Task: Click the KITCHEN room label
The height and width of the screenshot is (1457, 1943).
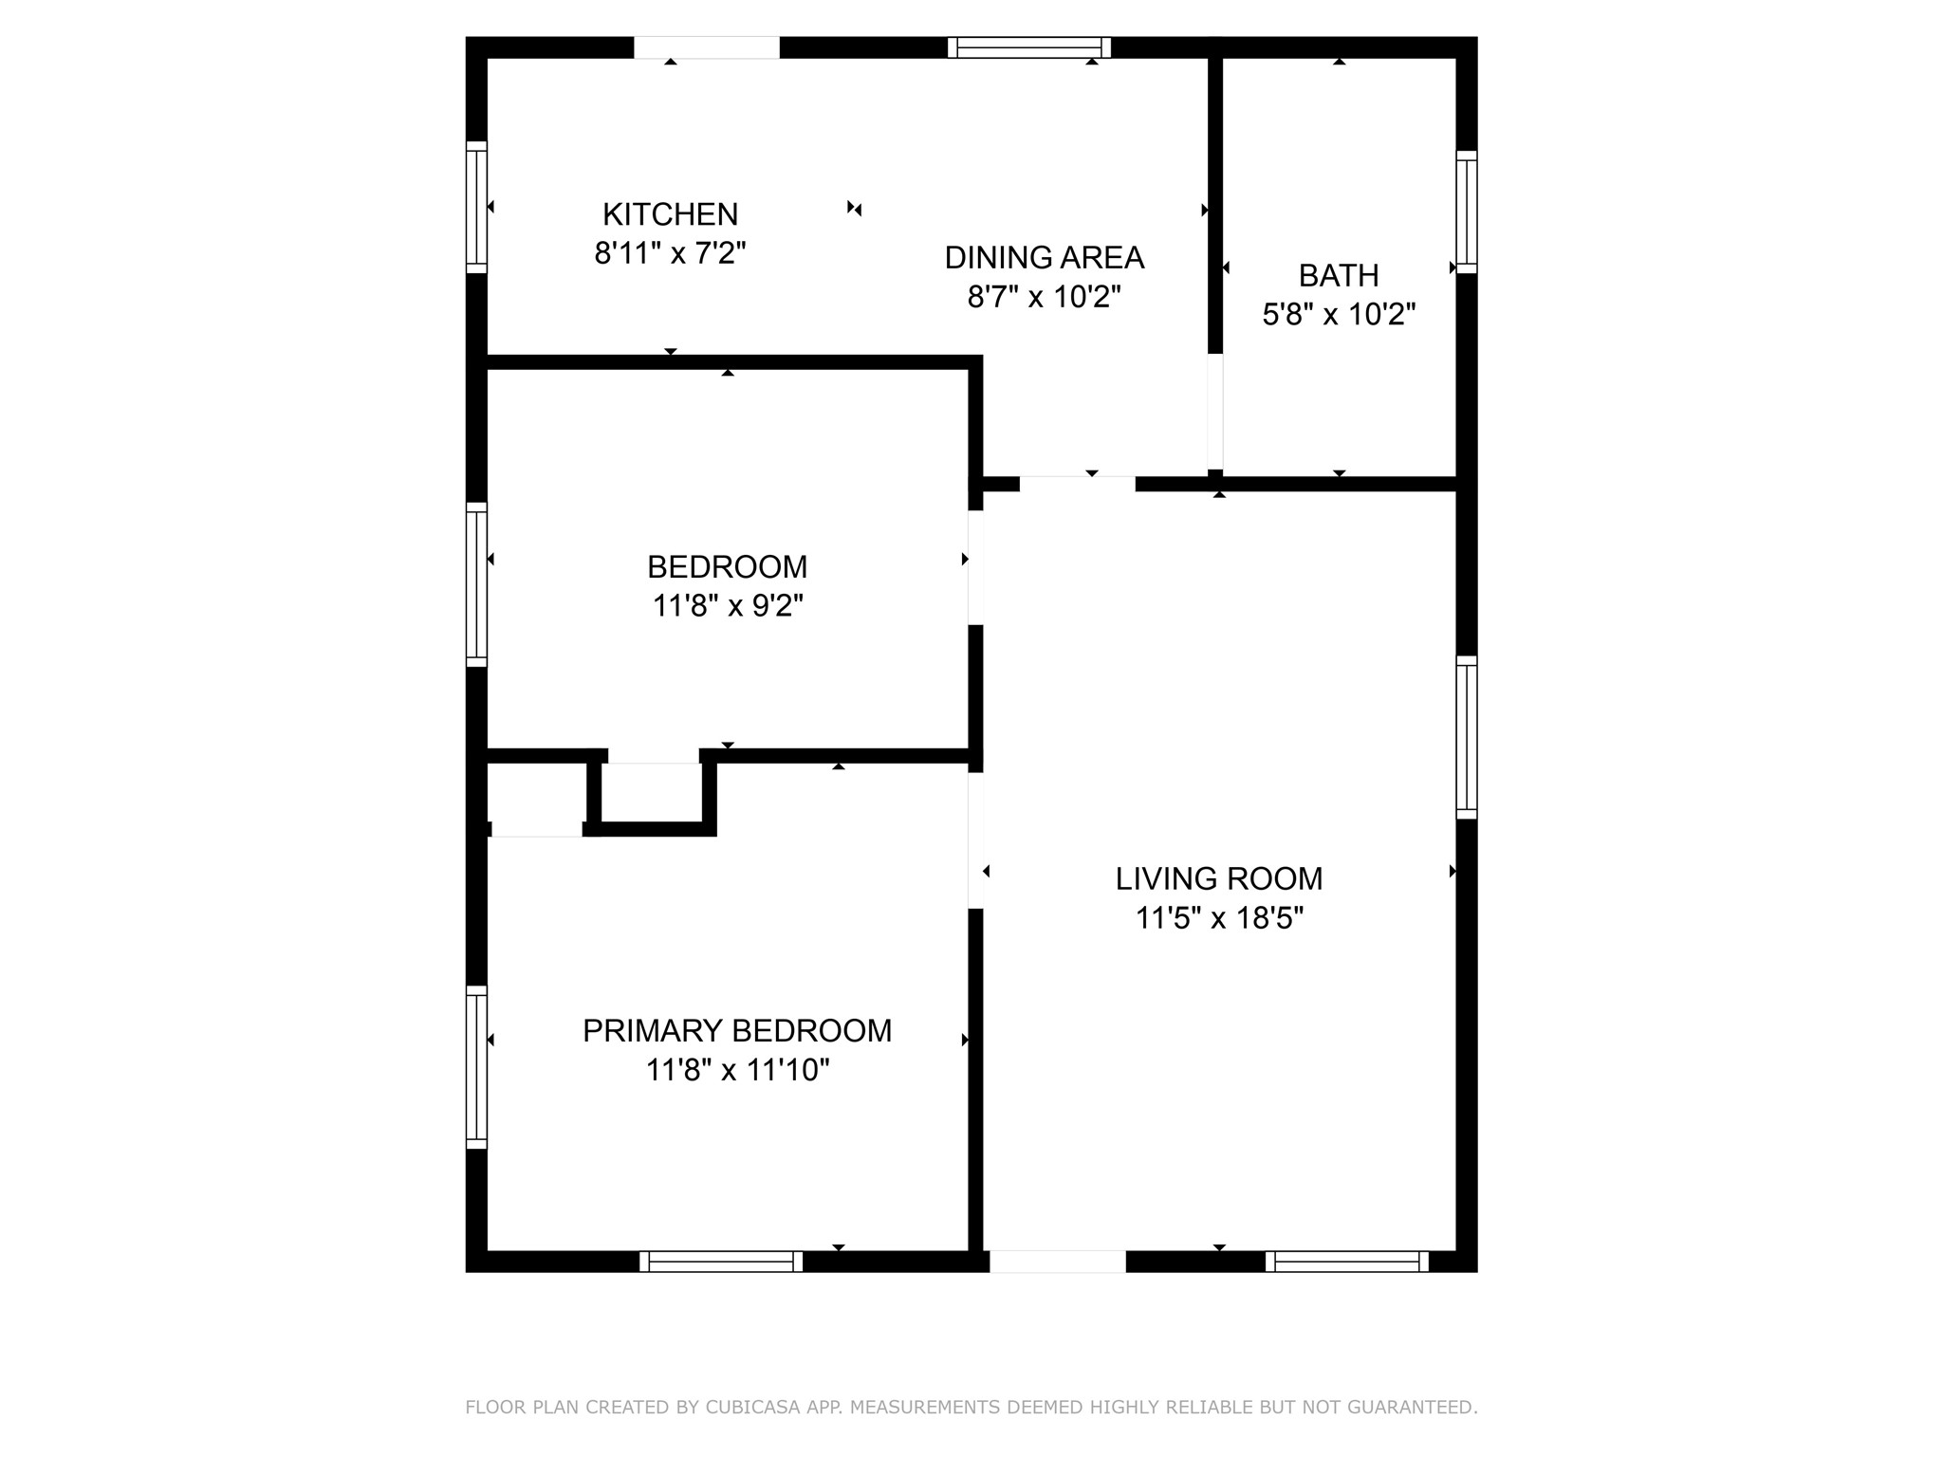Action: pyautogui.click(x=670, y=214)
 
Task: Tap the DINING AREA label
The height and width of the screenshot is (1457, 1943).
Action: pyautogui.click(x=1044, y=257)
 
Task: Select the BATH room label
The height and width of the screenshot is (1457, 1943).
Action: pyautogui.click(x=1338, y=275)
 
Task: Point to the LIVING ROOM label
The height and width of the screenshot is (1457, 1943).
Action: pyautogui.click(x=1218, y=879)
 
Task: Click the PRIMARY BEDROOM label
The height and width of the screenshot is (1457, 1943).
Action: pyautogui.click(x=736, y=1030)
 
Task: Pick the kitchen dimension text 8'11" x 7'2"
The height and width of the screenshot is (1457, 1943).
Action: pyautogui.click(x=670, y=253)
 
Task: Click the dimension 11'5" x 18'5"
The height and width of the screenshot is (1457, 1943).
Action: pyautogui.click(x=1219, y=918)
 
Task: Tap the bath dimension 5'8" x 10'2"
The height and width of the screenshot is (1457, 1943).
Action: pyautogui.click(x=1338, y=314)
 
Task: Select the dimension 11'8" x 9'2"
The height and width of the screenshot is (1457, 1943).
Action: pyautogui.click(x=727, y=605)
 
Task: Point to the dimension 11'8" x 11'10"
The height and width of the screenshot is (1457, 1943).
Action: pyautogui.click(x=737, y=1070)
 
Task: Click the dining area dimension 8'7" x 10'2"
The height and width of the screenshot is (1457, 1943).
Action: pyautogui.click(x=1044, y=297)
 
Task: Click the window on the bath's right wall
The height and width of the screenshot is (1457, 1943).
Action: pyautogui.click(x=1466, y=212)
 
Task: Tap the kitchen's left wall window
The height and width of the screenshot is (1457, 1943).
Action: pyautogui.click(x=476, y=207)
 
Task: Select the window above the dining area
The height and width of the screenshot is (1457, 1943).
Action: pyautogui.click(x=1029, y=47)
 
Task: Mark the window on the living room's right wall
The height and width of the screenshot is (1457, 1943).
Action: pyautogui.click(x=1466, y=737)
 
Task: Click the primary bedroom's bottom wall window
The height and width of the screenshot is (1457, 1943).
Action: pyautogui.click(x=721, y=1261)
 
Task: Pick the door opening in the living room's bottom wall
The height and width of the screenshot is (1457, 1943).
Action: pyautogui.click(x=1057, y=1261)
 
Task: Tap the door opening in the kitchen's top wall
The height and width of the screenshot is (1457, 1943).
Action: pyautogui.click(x=706, y=47)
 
